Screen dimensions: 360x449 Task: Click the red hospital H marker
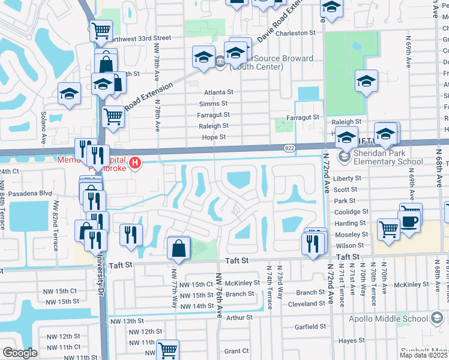136,163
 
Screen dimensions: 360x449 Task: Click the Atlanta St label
218,92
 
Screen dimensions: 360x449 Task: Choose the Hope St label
214,137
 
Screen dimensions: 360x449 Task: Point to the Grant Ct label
236,351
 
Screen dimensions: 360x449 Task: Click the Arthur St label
240,317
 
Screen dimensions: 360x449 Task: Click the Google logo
20,353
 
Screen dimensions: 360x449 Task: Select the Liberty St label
348,178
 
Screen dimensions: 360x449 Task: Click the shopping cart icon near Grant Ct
168,349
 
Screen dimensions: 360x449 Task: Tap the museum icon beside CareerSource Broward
220,60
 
